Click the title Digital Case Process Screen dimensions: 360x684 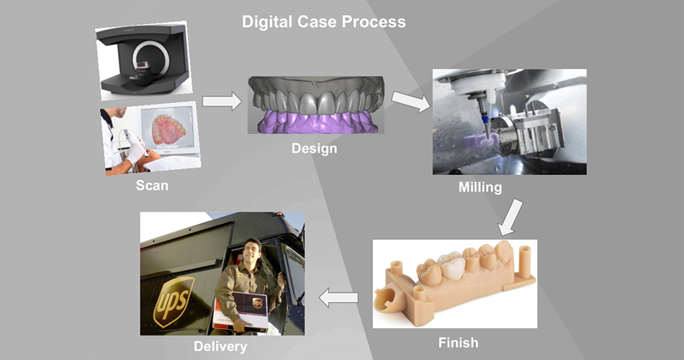pos(323,22)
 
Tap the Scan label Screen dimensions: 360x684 pos(152,185)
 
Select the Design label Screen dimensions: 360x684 pos(314,149)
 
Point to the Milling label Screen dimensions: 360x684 pos(480,188)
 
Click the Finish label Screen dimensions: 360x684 pos(458,341)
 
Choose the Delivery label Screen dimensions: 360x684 pos(220,346)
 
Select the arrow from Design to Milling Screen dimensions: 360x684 pos(409,102)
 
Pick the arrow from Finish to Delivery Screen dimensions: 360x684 pos(338,296)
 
